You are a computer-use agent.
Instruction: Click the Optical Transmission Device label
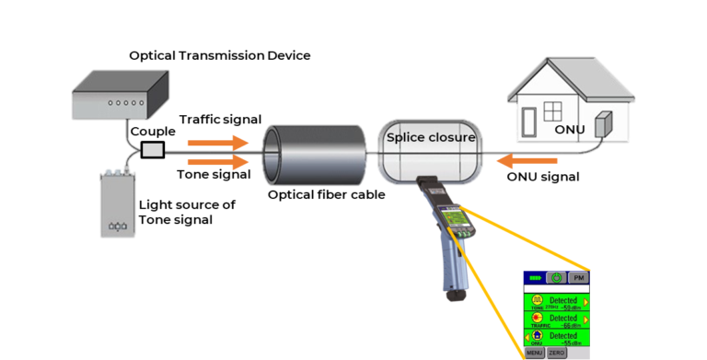click(219, 56)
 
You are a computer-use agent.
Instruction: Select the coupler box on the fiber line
click(152, 149)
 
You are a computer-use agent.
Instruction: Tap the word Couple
click(152, 131)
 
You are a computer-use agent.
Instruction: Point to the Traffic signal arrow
click(219, 143)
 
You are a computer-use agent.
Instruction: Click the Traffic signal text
click(220, 120)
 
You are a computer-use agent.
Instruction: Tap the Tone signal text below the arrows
click(213, 175)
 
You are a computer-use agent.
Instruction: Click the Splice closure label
click(431, 138)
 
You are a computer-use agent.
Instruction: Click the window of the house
click(553, 111)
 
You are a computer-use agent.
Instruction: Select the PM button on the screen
click(578, 277)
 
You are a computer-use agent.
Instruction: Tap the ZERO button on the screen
click(557, 353)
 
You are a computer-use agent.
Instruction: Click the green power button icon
click(556, 277)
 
